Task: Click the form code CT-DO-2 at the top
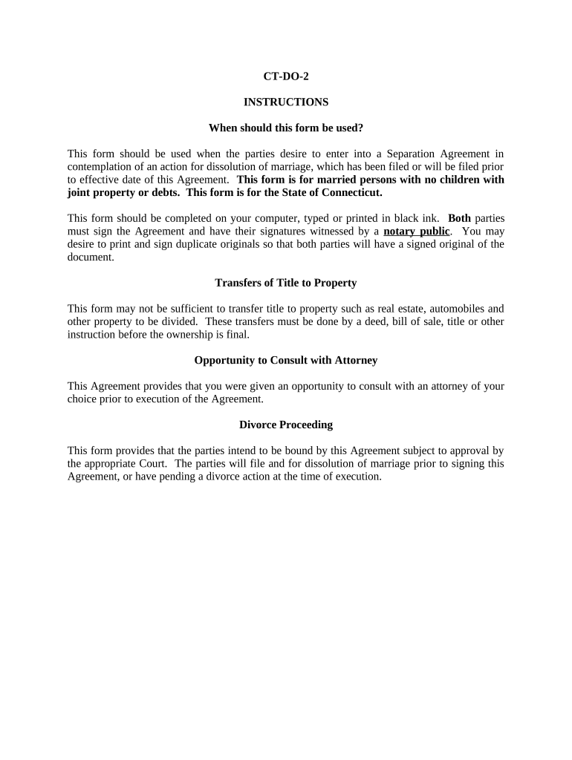click(x=286, y=76)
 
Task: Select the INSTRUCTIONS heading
click(x=286, y=102)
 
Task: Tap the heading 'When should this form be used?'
click(x=286, y=128)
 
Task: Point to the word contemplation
click(x=100, y=167)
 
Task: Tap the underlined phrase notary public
click(x=416, y=231)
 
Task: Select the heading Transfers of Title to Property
click(x=286, y=283)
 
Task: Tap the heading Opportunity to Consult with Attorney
click(x=286, y=360)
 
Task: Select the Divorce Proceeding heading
click(x=286, y=425)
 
